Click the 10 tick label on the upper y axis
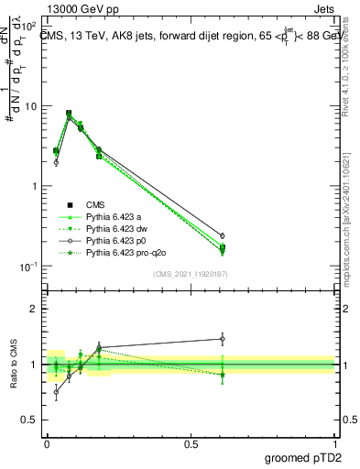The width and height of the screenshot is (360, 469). coord(30,106)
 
